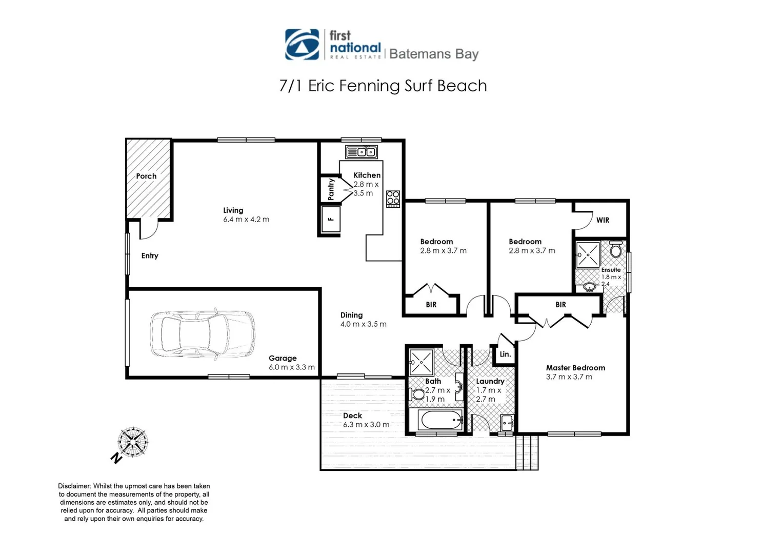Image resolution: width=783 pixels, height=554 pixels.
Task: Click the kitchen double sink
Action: coord(362,152)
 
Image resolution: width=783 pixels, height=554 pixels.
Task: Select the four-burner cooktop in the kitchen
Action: coord(393,199)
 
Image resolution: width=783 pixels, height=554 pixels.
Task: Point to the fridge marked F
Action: coord(331,219)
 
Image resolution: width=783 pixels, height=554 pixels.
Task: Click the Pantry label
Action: coord(331,189)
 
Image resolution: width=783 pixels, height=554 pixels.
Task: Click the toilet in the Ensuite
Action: coord(616,250)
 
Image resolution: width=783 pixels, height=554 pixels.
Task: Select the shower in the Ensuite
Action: coord(588,255)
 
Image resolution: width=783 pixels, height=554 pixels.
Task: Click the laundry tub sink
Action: coord(507,424)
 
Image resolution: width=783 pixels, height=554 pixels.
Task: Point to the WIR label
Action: coord(603,220)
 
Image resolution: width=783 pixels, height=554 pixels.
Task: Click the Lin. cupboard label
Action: coord(505,354)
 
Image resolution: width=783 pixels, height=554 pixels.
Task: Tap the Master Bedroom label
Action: coord(575,368)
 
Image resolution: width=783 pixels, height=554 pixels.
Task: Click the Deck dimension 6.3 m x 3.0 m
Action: coord(366,425)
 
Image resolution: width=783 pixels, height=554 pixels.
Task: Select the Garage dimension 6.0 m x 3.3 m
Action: coord(291,367)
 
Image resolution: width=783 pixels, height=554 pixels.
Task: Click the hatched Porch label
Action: coord(146,176)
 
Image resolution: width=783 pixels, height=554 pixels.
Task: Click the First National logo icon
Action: coord(302,45)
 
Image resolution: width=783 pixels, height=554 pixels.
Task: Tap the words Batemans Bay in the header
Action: coord(434,54)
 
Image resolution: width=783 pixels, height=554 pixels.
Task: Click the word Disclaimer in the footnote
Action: coord(74,486)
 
